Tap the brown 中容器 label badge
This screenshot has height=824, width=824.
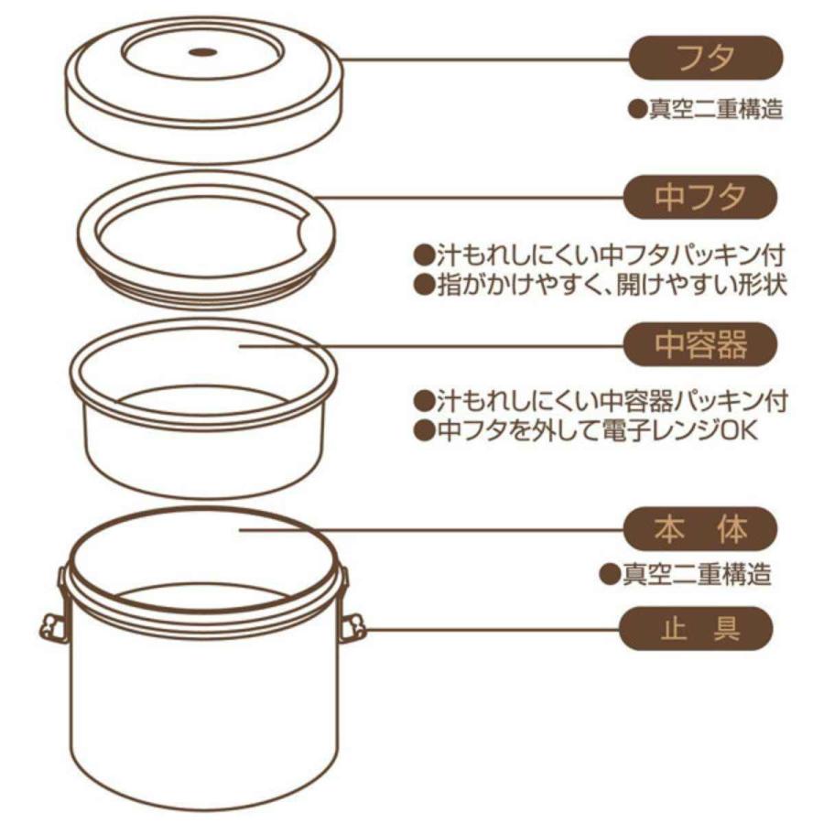tap(700, 345)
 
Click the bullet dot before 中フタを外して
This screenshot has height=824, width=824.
tap(422, 431)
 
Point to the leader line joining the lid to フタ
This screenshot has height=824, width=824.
tap(485, 60)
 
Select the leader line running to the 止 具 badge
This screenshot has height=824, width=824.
tap(494, 630)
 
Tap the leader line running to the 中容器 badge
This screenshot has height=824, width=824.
tap(430, 346)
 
